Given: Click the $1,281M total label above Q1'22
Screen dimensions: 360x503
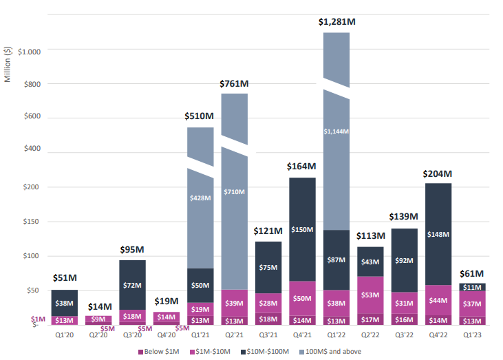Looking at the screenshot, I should point(336,22).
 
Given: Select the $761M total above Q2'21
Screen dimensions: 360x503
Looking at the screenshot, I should point(234,83).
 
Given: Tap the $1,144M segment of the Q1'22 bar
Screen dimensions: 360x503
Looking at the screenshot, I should point(336,131).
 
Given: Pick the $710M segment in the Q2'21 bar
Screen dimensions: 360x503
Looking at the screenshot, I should point(234,191).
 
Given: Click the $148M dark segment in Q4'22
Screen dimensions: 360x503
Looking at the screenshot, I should point(438,233).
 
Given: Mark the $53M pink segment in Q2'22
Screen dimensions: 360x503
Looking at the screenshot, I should point(370,295).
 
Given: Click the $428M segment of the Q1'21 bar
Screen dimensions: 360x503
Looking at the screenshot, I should point(200,197).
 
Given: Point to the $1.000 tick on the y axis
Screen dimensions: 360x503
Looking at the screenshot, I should point(30,52).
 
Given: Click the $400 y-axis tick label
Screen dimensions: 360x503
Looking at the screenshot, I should point(32,149).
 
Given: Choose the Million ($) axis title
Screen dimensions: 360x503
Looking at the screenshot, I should point(8,63).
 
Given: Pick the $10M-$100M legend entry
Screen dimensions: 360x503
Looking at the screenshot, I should point(272,352).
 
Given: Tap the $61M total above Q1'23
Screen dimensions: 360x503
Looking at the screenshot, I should point(472,273).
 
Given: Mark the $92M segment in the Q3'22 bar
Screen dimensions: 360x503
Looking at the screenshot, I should point(404,261).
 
